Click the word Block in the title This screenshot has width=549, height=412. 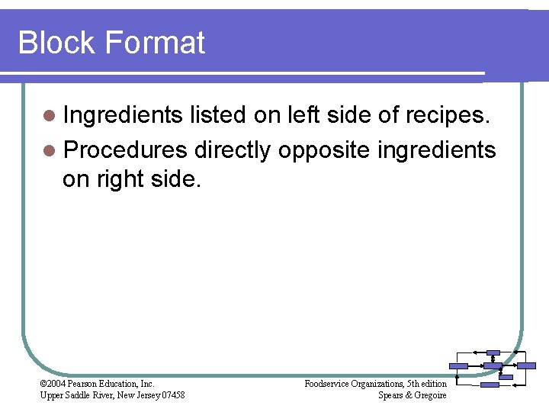[x=59, y=43]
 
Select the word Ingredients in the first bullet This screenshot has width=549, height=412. [x=123, y=115]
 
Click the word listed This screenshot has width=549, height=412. [x=218, y=115]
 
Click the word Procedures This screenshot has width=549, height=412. [x=125, y=150]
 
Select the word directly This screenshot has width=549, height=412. [x=233, y=151]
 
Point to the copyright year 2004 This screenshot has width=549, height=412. [x=58, y=384]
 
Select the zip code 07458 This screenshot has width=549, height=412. [x=172, y=395]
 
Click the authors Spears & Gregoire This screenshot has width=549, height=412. [x=412, y=395]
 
